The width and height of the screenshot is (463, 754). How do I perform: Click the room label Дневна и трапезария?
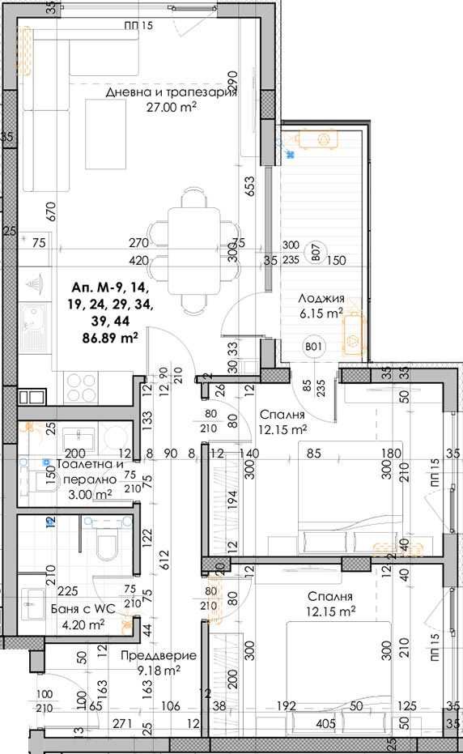(x=171, y=92)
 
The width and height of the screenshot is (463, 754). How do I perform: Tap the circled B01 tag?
(x=314, y=349)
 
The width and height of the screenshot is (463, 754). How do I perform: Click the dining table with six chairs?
(x=193, y=251)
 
